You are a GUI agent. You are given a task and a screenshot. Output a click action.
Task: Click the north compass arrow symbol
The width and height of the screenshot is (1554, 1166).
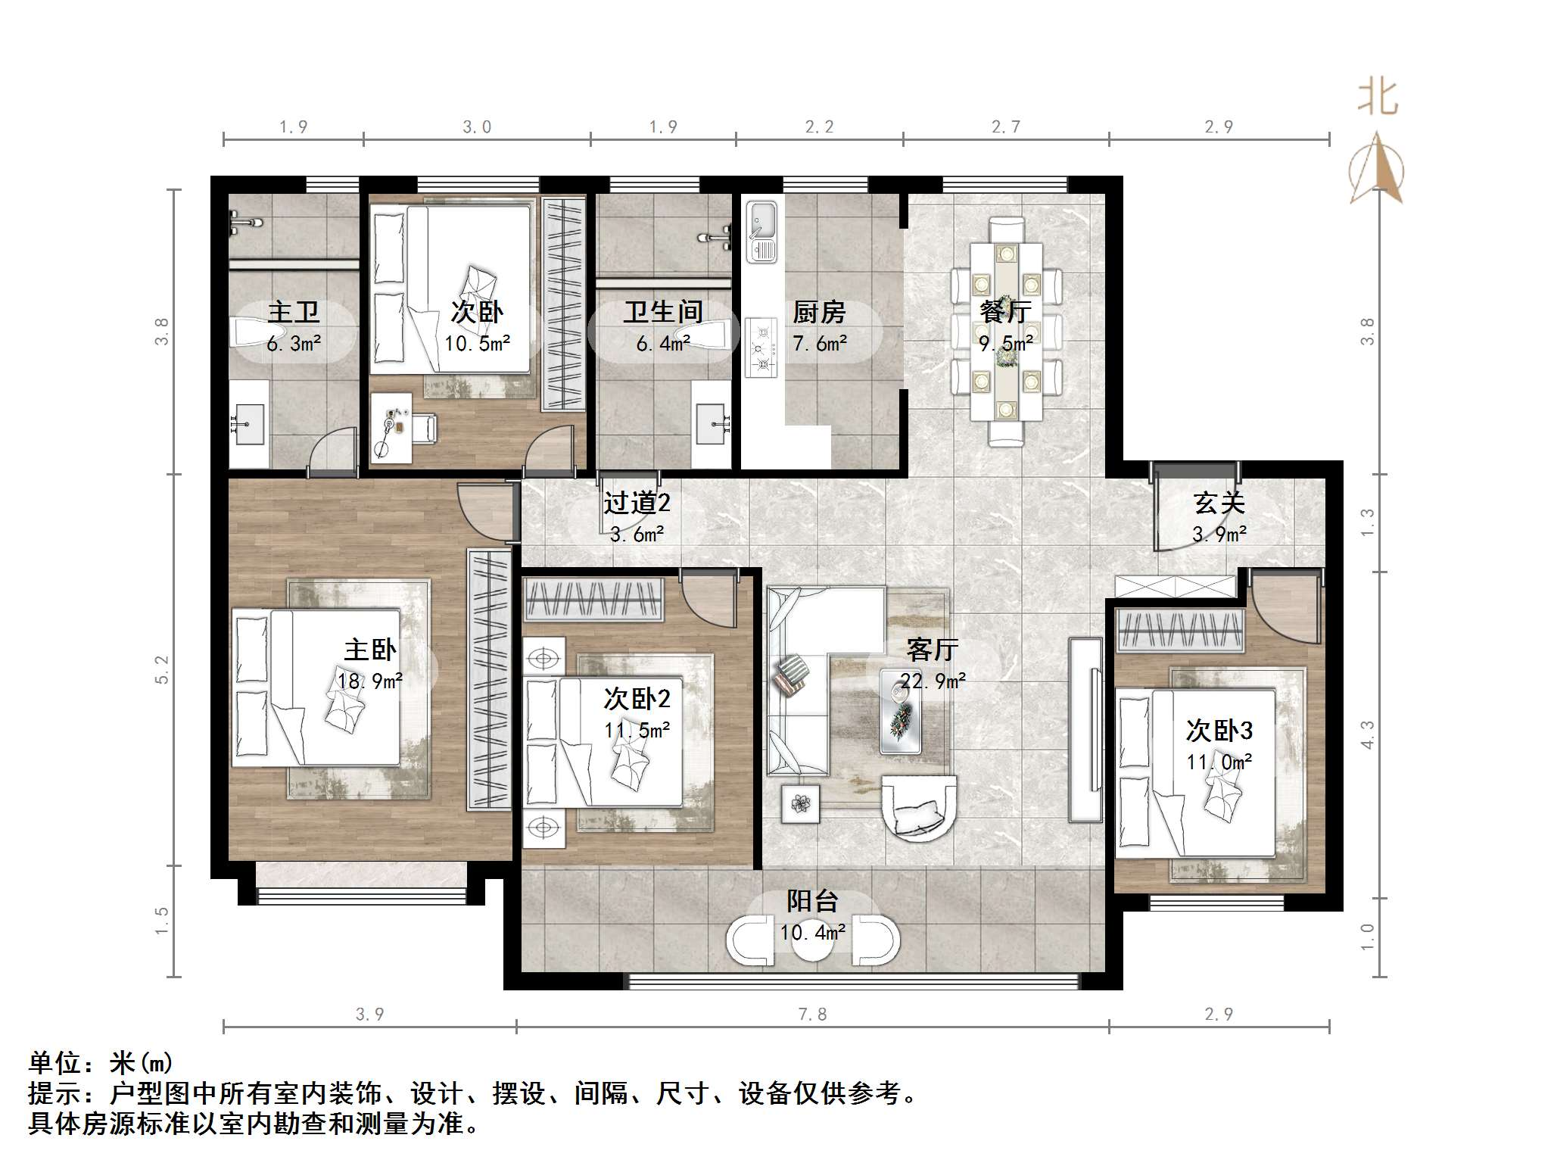tap(1378, 168)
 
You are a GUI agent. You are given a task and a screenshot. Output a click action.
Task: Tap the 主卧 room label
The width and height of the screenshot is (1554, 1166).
tap(370, 650)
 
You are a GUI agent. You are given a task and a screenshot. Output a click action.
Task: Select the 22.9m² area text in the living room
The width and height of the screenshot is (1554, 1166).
tap(933, 681)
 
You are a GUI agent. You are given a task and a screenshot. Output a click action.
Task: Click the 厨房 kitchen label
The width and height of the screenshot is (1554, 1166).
tap(819, 312)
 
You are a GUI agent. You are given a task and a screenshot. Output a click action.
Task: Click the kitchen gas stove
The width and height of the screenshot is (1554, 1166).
tap(761, 348)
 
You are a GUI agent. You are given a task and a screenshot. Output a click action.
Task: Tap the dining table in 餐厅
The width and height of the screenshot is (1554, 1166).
tap(1006, 332)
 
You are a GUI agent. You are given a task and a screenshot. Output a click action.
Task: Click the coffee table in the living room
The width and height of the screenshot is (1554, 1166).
tap(901, 712)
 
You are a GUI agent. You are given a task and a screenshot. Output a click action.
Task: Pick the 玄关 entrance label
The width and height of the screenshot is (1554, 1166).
tap(1219, 503)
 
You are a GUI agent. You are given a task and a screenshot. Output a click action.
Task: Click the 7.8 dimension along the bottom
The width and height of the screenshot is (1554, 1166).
tap(812, 1014)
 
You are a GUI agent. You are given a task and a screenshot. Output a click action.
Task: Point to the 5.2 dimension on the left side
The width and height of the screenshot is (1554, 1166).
tap(161, 669)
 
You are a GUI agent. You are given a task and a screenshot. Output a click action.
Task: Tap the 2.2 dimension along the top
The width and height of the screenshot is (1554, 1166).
tap(819, 126)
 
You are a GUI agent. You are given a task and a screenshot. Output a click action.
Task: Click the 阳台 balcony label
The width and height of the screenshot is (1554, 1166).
tap(812, 901)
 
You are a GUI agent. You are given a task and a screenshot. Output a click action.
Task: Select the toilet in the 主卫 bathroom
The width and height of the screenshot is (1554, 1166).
tap(257, 332)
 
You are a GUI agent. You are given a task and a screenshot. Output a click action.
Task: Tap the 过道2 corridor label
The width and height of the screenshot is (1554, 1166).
tap(637, 503)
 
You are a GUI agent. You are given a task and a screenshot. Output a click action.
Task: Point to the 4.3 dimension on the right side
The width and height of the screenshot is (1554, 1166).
tap(1367, 734)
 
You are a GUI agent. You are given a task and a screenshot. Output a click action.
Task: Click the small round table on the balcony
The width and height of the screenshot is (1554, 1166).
tap(812, 940)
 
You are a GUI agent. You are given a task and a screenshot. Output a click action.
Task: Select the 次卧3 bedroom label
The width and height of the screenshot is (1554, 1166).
tap(1219, 731)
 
